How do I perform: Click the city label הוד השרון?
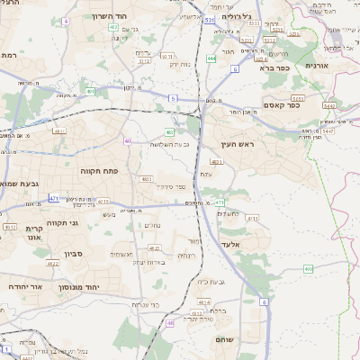tap(140, 18)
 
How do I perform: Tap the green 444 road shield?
tap(210, 58)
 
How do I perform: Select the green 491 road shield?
tap(91, 91)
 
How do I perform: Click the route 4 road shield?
tap(66, 20)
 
